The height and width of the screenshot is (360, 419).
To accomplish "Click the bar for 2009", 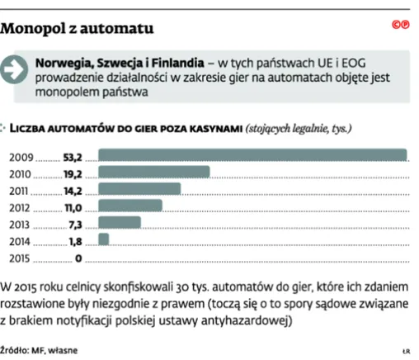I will pos(252,154).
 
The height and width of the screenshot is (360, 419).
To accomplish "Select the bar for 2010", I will pos(154,173).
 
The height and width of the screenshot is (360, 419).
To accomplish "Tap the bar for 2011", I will pos(139,190).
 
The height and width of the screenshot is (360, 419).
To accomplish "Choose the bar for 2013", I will pos(120,223).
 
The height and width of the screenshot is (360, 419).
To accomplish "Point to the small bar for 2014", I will pos(104,240).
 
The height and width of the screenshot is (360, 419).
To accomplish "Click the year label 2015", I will pos(21,258).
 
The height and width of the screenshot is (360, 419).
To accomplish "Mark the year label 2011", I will pos(21,190).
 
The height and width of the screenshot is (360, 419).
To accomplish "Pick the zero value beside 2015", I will pos(79,258).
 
